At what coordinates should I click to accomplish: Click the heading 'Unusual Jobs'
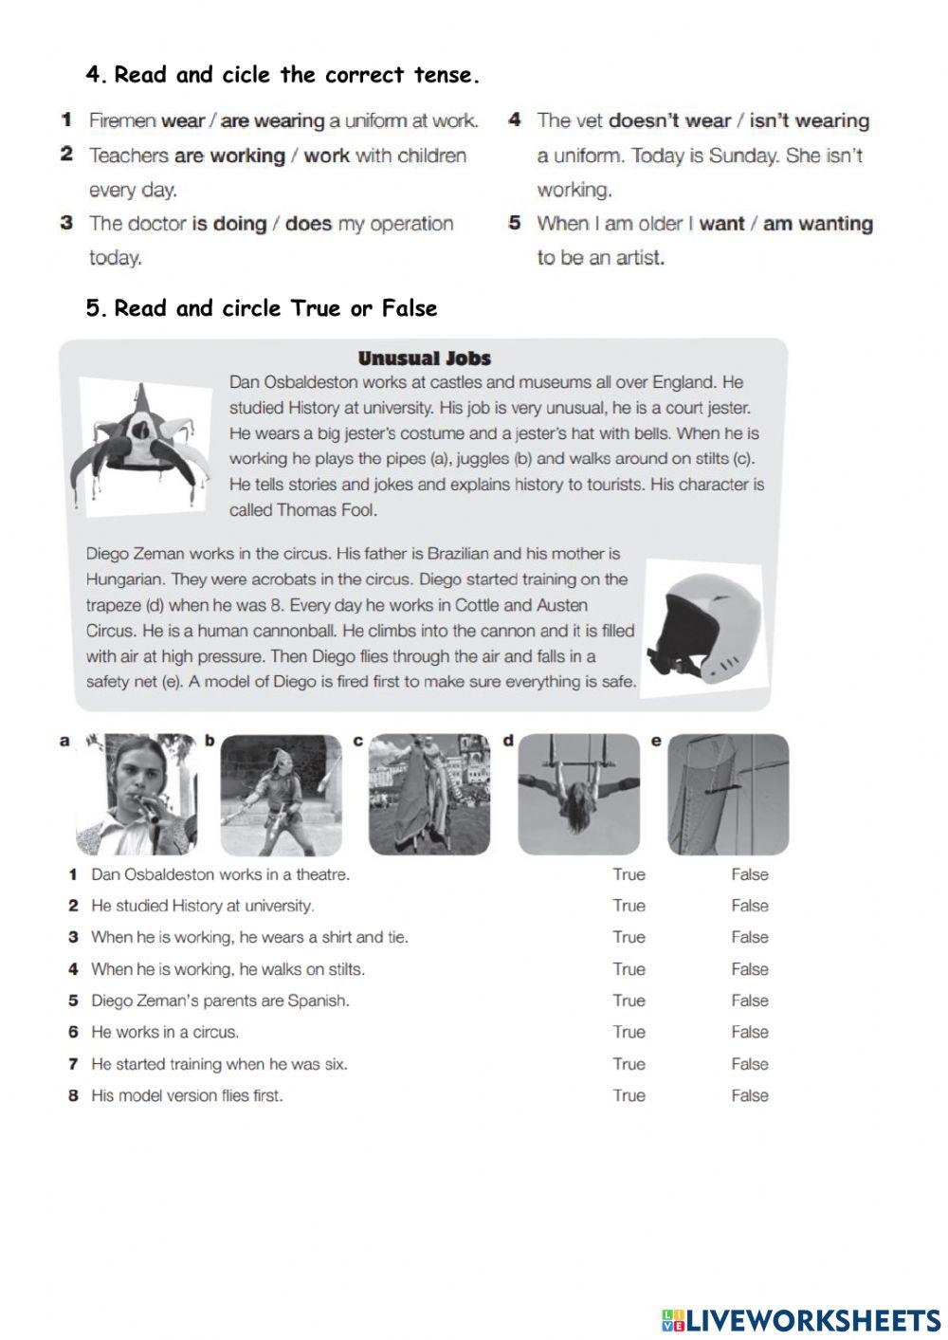pyautogui.click(x=424, y=358)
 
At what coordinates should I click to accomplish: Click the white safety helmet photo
pyautogui.click(x=702, y=628)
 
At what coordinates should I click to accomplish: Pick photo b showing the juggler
pyautogui.click(x=281, y=795)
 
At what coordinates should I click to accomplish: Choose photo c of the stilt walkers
pyautogui.click(x=428, y=795)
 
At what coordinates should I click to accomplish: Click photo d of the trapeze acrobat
pyautogui.click(x=578, y=795)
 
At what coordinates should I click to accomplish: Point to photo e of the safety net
pyautogui.click(x=728, y=795)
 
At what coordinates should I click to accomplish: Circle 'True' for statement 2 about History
pyautogui.click(x=629, y=906)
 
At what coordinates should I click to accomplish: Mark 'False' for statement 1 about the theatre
pyautogui.click(x=749, y=874)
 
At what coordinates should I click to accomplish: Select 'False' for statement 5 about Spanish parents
pyautogui.click(x=749, y=1000)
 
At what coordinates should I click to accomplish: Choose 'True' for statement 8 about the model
pyautogui.click(x=629, y=1095)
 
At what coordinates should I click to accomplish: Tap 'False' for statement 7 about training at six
pyautogui.click(x=749, y=1064)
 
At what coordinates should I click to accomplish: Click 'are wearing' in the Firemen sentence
pyautogui.click(x=272, y=120)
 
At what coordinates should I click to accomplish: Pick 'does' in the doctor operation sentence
pyautogui.click(x=308, y=224)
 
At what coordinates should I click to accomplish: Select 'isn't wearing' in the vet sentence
pyautogui.click(x=809, y=120)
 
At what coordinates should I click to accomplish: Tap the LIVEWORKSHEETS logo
pyautogui.click(x=801, y=1319)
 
